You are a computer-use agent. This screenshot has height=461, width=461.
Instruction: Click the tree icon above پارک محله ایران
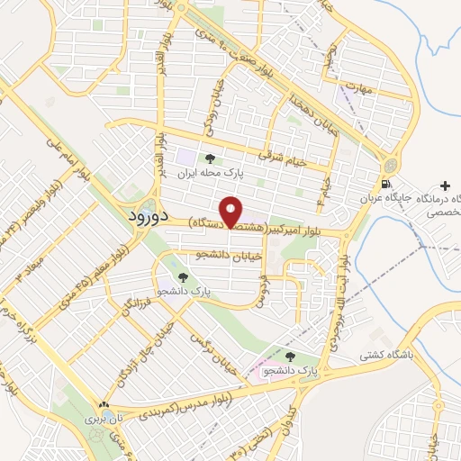(x=211, y=157)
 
